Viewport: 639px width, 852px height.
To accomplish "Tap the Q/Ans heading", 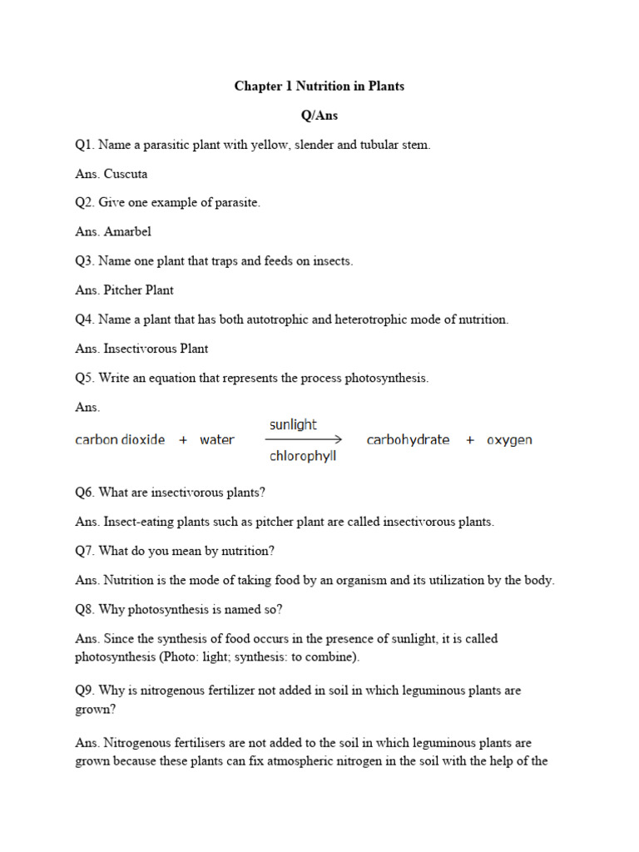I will pos(319,116).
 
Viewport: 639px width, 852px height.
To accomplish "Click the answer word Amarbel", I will pos(127,232).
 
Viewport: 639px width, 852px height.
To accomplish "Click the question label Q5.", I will pos(84,378).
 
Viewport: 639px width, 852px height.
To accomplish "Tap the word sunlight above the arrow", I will pos(293,424).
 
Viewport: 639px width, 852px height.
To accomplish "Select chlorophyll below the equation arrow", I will pos(302,456).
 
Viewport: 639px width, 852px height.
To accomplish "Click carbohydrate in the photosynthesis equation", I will pos(408,440).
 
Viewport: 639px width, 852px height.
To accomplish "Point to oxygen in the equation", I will pos(509,440).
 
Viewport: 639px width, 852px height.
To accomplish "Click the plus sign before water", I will pos(183,440).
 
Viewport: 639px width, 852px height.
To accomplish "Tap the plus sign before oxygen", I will pos(470,440).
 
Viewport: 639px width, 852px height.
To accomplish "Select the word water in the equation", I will pos(217,440).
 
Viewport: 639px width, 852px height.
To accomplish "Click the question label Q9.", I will pos(84,691).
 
